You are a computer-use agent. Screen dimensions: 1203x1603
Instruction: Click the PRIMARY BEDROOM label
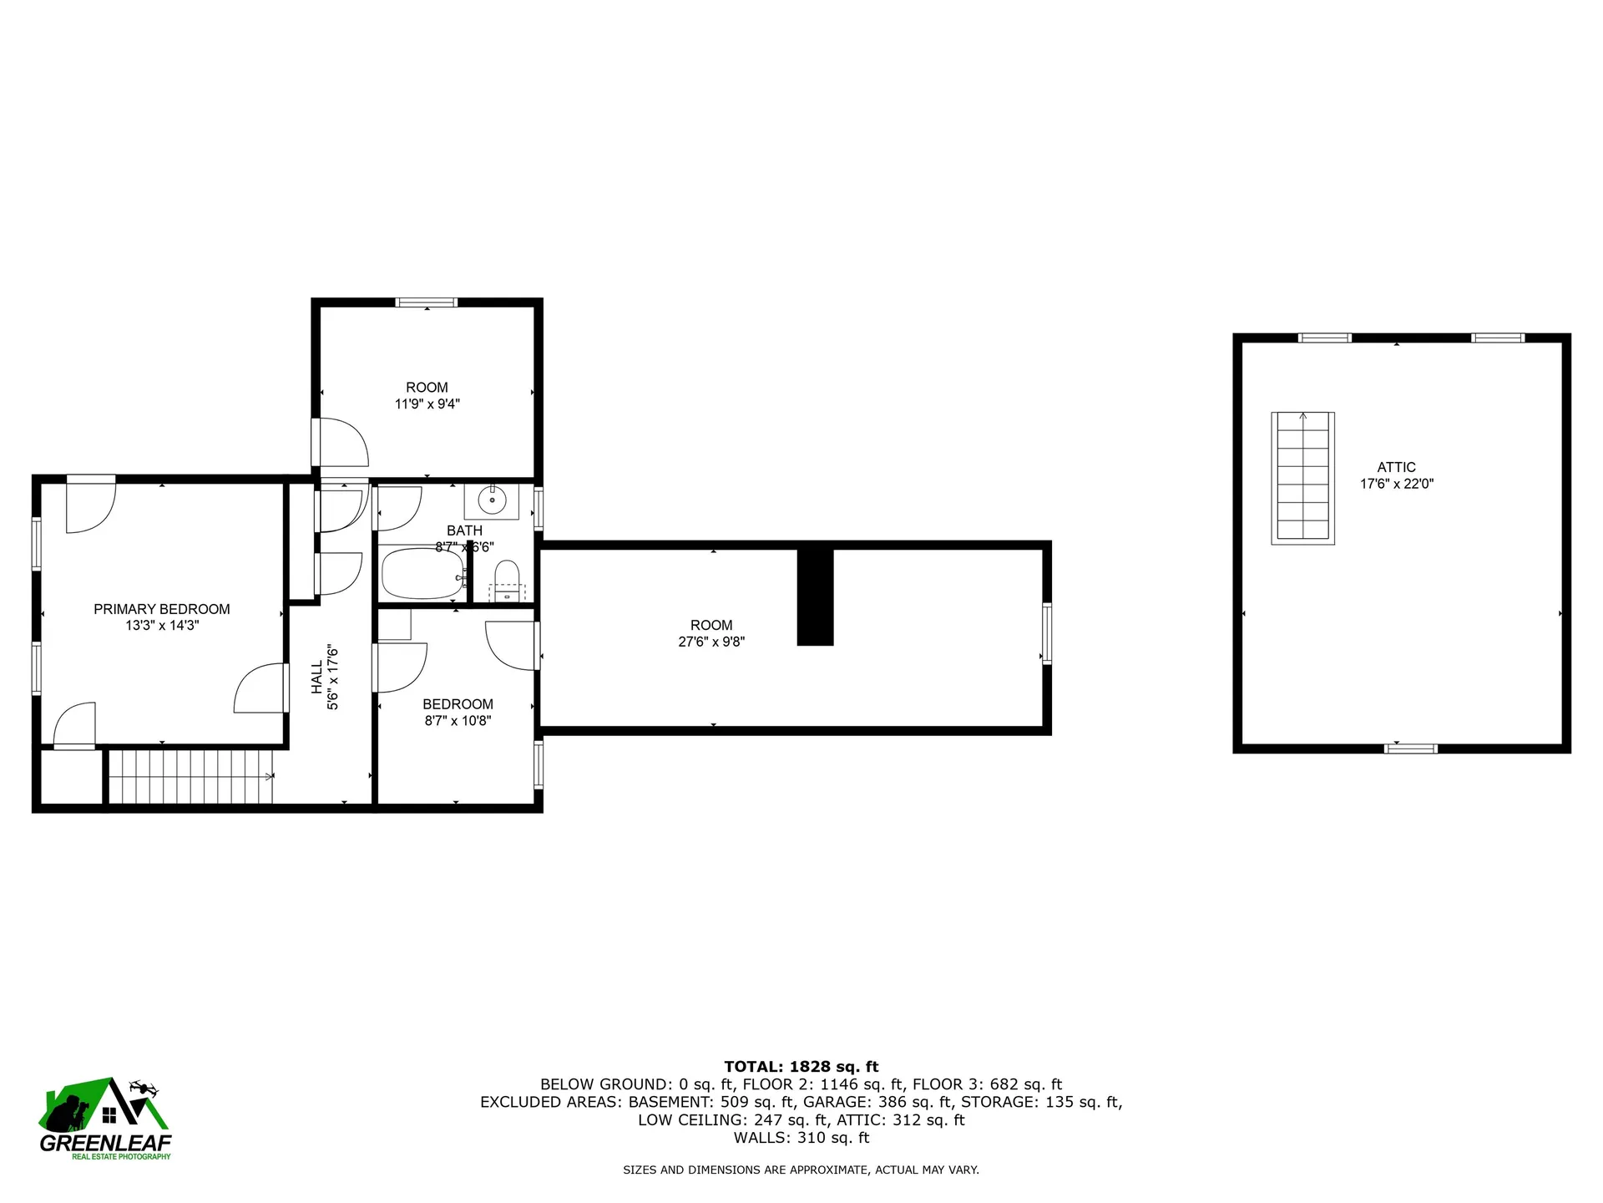click(161, 609)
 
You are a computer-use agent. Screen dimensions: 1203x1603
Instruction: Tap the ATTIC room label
click(1396, 467)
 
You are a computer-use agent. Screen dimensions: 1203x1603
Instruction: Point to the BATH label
click(464, 530)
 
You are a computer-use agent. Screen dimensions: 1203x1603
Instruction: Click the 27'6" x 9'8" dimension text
click(711, 642)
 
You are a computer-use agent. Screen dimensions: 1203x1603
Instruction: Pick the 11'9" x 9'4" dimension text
click(427, 404)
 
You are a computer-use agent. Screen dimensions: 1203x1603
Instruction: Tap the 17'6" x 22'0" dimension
click(1396, 483)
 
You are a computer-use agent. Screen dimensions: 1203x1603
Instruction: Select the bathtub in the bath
click(422, 573)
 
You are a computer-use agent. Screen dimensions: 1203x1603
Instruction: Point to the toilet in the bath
click(507, 576)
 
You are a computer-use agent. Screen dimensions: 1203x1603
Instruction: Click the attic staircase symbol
click(1302, 478)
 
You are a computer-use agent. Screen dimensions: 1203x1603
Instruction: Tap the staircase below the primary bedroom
click(191, 777)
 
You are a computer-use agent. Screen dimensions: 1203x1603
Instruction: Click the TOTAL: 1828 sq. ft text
click(801, 1066)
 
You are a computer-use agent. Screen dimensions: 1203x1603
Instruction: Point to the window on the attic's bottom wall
click(1410, 749)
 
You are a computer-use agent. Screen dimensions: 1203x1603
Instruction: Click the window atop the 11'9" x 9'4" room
click(427, 302)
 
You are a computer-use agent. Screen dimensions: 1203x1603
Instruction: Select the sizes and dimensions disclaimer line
click(801, 1170)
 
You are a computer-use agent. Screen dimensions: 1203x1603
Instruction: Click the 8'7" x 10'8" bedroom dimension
click(458, 720)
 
